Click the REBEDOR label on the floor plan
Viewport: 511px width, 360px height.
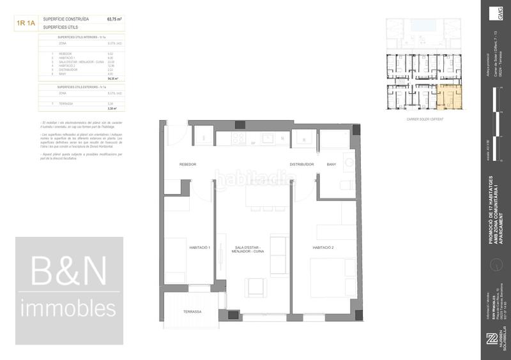(x=188, y=165)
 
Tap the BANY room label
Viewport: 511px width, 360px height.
(x=332, y=165)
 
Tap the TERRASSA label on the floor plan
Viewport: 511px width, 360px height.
(x=192, y=311)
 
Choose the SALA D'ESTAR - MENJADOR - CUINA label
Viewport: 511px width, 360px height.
(x=249, y=250)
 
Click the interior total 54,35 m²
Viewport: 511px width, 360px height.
(x=114, y=79)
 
